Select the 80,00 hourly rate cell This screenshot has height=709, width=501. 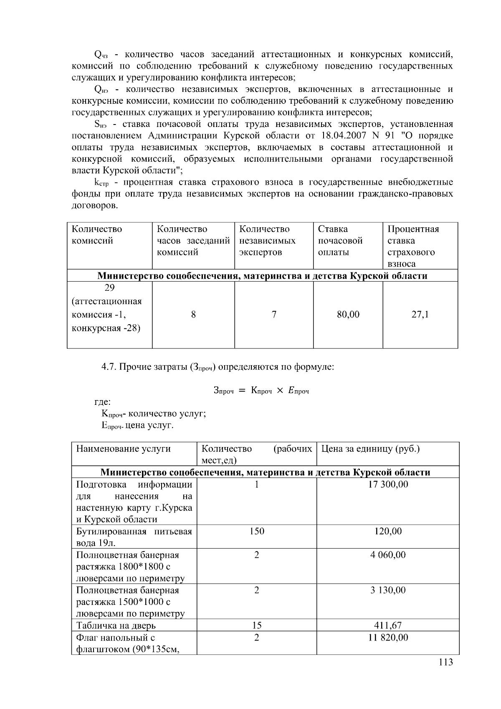(x=348, y=315)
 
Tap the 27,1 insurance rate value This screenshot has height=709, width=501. (x=420, y=315)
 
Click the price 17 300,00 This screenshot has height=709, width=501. (x=388, y=484)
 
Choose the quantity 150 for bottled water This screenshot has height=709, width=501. (x=256, y=531)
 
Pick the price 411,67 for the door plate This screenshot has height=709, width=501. (x=388, y=625)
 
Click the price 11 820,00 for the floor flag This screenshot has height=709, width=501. (x=388, y=637)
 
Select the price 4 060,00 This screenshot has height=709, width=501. (x=388, y=555)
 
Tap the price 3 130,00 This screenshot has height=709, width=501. (x=388, y=590)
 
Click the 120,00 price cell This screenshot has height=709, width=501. (x=388, y=531)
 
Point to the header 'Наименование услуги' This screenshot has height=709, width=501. (x=124, y=449)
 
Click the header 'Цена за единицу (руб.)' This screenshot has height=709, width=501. (x=370, y=449)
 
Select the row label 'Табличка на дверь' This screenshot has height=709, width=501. (x=116, y=625)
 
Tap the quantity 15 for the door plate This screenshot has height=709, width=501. (x=256, y=625)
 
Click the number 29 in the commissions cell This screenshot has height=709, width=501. (x=109, y=288)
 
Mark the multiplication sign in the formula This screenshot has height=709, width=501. (x=280, y=391)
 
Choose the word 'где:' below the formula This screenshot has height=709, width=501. (x=102, y=402)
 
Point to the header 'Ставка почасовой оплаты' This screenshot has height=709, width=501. (x=340, y=241)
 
